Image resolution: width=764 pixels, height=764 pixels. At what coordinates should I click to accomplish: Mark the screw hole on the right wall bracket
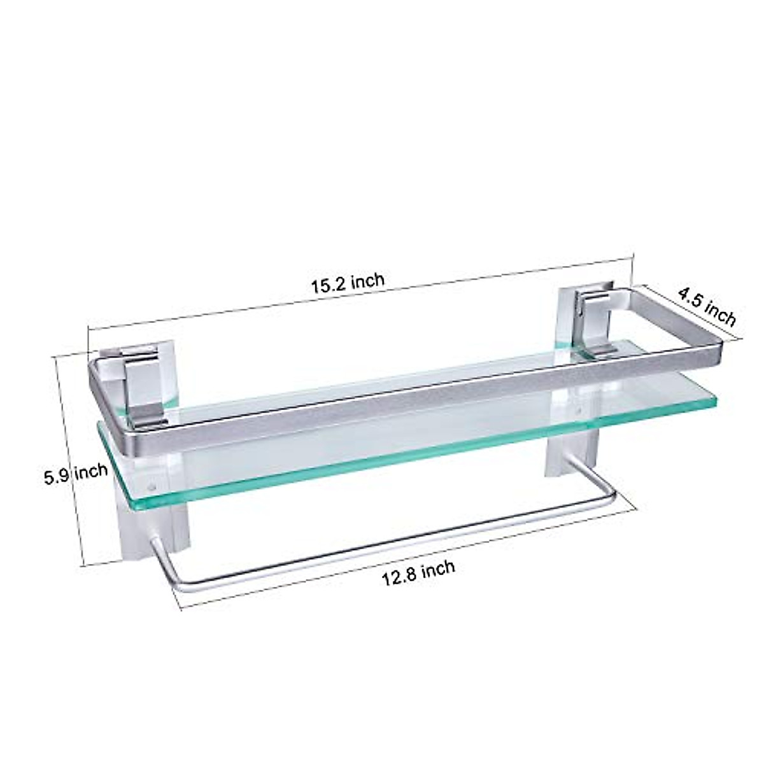(x=578, y=413)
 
